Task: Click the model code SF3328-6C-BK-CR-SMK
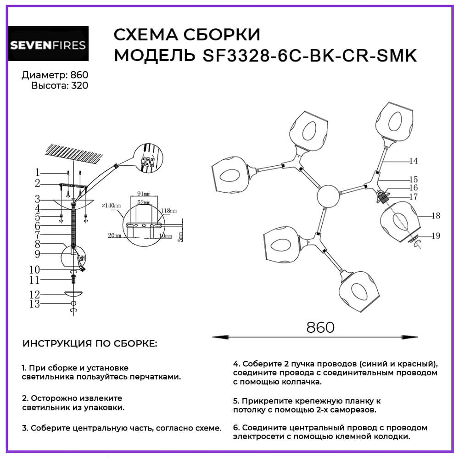309,56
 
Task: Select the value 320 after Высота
79,85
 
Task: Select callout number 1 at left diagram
37,173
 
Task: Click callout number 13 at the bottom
34,304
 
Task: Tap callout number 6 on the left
37,226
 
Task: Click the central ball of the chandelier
328,197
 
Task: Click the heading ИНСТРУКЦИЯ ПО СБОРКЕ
89,343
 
